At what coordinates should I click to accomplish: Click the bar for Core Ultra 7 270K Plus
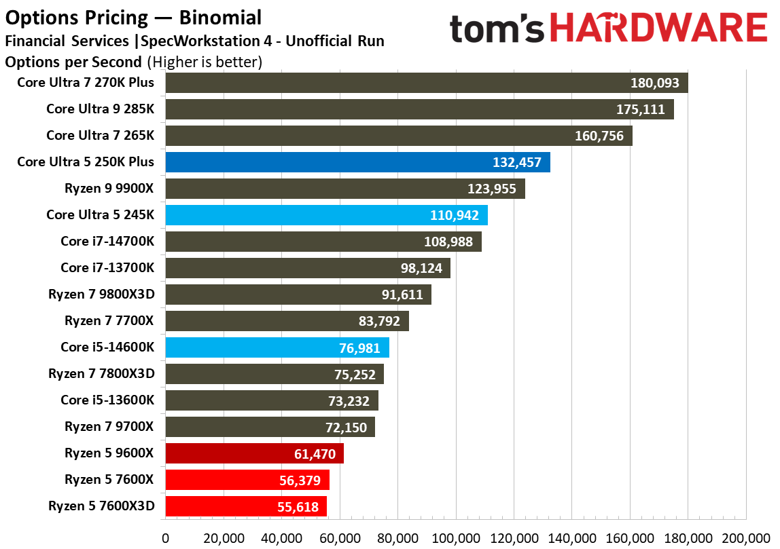tap(426, 83)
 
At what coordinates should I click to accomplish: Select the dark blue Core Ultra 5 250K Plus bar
tap(357, 162)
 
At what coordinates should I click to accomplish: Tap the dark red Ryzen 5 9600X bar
tap(254, 453)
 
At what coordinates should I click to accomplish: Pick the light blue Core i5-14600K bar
tap(277, 347)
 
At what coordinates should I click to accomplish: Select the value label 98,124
tap(421, 269)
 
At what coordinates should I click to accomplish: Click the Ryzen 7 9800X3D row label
tap(101, 295)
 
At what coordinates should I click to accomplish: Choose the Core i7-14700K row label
tap(107, 242)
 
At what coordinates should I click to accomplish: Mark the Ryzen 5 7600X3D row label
tap(101, 506)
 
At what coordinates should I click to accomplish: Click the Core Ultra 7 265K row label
tap(100, 136)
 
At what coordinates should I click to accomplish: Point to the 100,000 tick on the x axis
tap(456, 538)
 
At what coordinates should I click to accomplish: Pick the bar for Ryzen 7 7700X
tap(287, 321)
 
